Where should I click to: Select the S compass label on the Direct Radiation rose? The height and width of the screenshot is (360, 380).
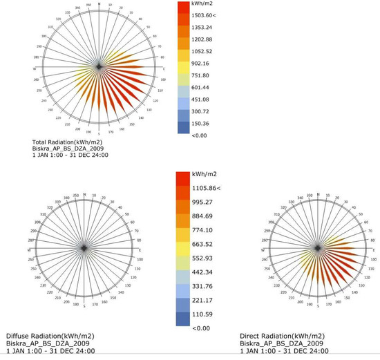(319, 304)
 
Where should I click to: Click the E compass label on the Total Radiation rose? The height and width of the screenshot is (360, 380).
(164, 68)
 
